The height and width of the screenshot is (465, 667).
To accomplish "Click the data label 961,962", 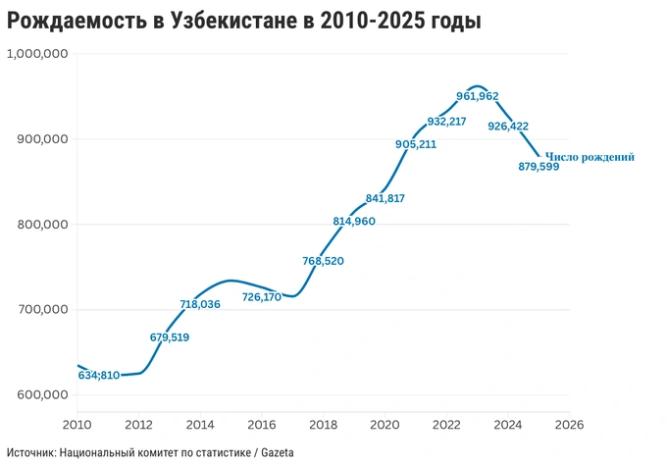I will tap(478, 96).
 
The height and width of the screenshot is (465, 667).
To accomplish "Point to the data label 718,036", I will tap(200, 305).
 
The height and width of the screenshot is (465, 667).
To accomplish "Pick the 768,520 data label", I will tap(324, 261).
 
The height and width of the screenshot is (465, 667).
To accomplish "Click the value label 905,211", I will tap(416, 144).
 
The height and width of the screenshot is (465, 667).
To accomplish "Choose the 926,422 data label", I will tap(508, 126).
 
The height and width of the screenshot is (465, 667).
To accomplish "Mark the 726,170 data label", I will tap(261, 296).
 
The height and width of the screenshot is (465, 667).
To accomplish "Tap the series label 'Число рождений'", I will tap(590, 156).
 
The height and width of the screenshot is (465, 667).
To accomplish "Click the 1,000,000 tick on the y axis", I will tap(36, 54).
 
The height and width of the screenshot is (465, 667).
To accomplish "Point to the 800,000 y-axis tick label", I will tap(42, 225).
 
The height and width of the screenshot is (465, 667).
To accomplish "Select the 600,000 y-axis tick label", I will tap(42, 395).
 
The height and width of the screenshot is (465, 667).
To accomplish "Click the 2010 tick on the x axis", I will tap(77, 425).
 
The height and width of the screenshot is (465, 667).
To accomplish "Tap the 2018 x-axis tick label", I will tap(323, 425).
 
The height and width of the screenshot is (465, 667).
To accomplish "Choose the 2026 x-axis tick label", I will tap(569, 425).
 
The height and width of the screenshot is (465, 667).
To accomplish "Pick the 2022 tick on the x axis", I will tap(446, 425).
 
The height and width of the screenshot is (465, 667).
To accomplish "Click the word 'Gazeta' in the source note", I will tap(276, 452).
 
